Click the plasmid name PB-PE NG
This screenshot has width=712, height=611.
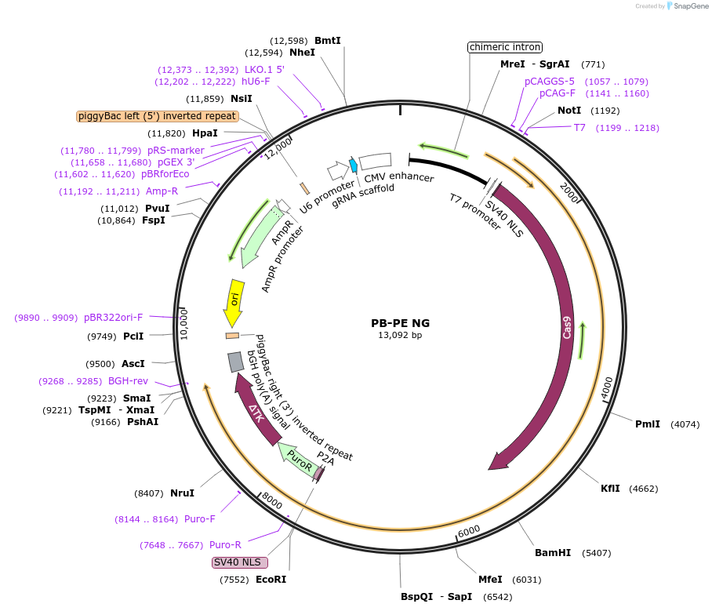click(400, 323)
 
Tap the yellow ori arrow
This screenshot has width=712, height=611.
click(234, 302)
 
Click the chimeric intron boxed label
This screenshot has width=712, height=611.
click(505, 47)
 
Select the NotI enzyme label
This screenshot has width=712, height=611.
click(569, 111)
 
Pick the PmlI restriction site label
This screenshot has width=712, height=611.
click(648, 424)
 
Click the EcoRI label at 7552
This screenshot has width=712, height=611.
click(271, 580)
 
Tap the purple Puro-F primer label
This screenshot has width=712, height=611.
click(200, 518)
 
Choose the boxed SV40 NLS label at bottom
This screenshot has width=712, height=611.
click(240, 562)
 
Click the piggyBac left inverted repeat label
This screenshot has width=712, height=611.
click(157, 116)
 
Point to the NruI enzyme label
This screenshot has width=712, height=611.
click(182, 493)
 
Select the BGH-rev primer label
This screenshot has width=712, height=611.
click(129, 381)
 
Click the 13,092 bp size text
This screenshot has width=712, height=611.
click(400, 336)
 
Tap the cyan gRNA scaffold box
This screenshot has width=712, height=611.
click(354, 165)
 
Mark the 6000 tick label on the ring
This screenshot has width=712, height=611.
click(469, 531)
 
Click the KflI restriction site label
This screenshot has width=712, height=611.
click(610, 489)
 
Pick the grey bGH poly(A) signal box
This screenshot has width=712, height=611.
click(235, 362)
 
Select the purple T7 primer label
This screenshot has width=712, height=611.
click(579, 128)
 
